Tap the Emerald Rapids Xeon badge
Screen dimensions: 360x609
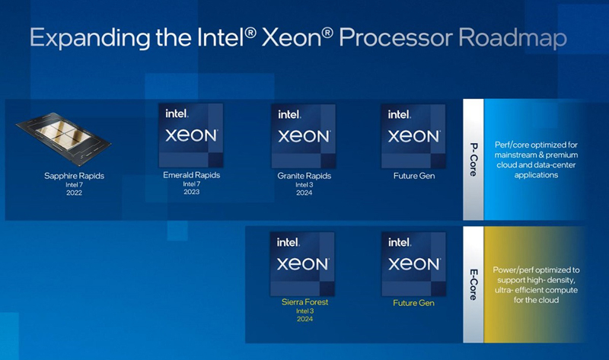click(x=190, y=135)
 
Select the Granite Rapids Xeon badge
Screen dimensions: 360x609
click(x=302, y=135)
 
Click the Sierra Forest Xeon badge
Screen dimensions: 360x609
click(x=302, y=264)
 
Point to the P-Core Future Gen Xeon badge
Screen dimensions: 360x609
click(x=413, y=135)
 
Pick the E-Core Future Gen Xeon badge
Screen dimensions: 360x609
click(x=413, y=264)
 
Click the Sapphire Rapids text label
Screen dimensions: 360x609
click(x=74, y=176)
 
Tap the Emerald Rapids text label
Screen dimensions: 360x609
click(x=190, y=175)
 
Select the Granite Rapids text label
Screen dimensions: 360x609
click(x=303, y=175)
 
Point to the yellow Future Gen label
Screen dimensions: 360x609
click(x=413, y=303)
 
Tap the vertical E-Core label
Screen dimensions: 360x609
click(x=473, y=284)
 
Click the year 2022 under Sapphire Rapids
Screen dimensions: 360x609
click(x=74, y=193)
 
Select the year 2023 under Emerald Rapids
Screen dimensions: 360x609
click(x=190, y=192)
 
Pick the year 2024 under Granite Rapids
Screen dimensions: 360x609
click(x=303, y=193)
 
